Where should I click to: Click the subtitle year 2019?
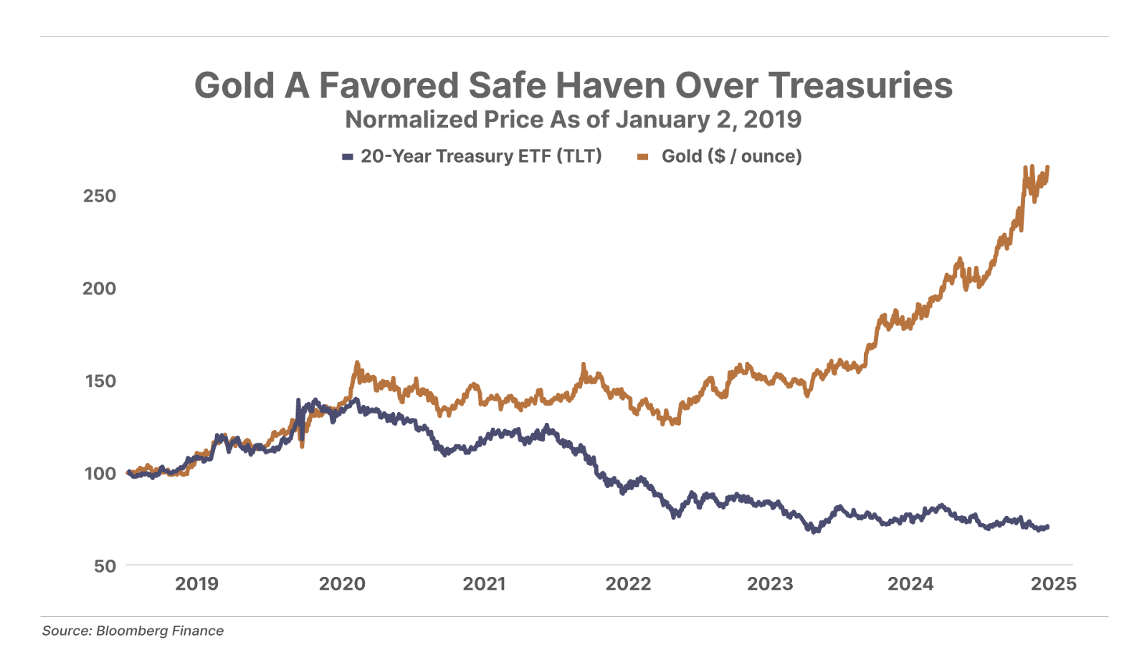(772, 120)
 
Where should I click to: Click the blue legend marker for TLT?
(348, 156)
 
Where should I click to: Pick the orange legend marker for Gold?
(643, 156)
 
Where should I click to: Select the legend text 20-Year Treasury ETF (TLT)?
(481, 156)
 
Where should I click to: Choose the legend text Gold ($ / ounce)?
(731, 156)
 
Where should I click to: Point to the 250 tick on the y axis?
(99, 196)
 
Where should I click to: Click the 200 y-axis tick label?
(99, 288)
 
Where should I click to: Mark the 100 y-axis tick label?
(99, 473)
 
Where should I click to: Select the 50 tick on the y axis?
(104, 565)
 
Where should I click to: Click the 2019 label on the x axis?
(197, 584)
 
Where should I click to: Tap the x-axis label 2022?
(628, 584)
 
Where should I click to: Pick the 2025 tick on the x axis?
(1053, 584)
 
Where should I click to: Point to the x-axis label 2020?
(342, 584)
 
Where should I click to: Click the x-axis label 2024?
(910, 584)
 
